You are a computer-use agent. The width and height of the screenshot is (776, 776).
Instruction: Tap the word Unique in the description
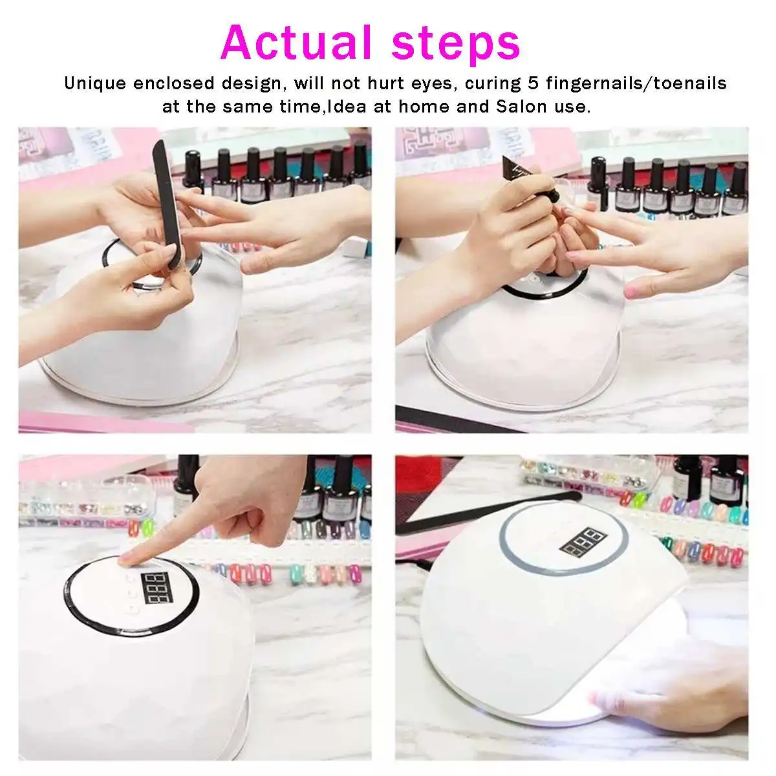tap(94, 83)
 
